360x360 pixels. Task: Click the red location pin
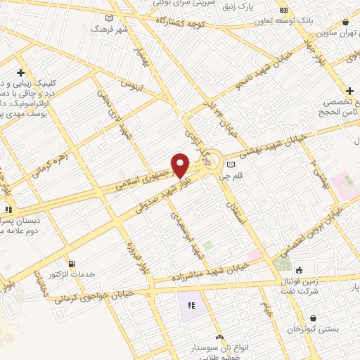(181, 165)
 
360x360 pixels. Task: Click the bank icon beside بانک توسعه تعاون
(283, 10)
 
